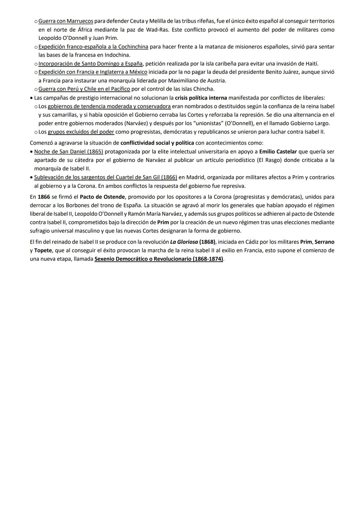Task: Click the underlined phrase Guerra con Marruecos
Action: [66, 21]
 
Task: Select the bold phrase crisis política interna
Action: [201, 98]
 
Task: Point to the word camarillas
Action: [64, 115]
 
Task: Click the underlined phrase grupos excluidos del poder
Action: [81, 132]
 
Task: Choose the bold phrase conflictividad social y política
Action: [157, 143]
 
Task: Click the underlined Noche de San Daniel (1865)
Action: [69, 152]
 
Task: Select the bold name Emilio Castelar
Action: [278, 152]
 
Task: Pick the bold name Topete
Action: [43, 250]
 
